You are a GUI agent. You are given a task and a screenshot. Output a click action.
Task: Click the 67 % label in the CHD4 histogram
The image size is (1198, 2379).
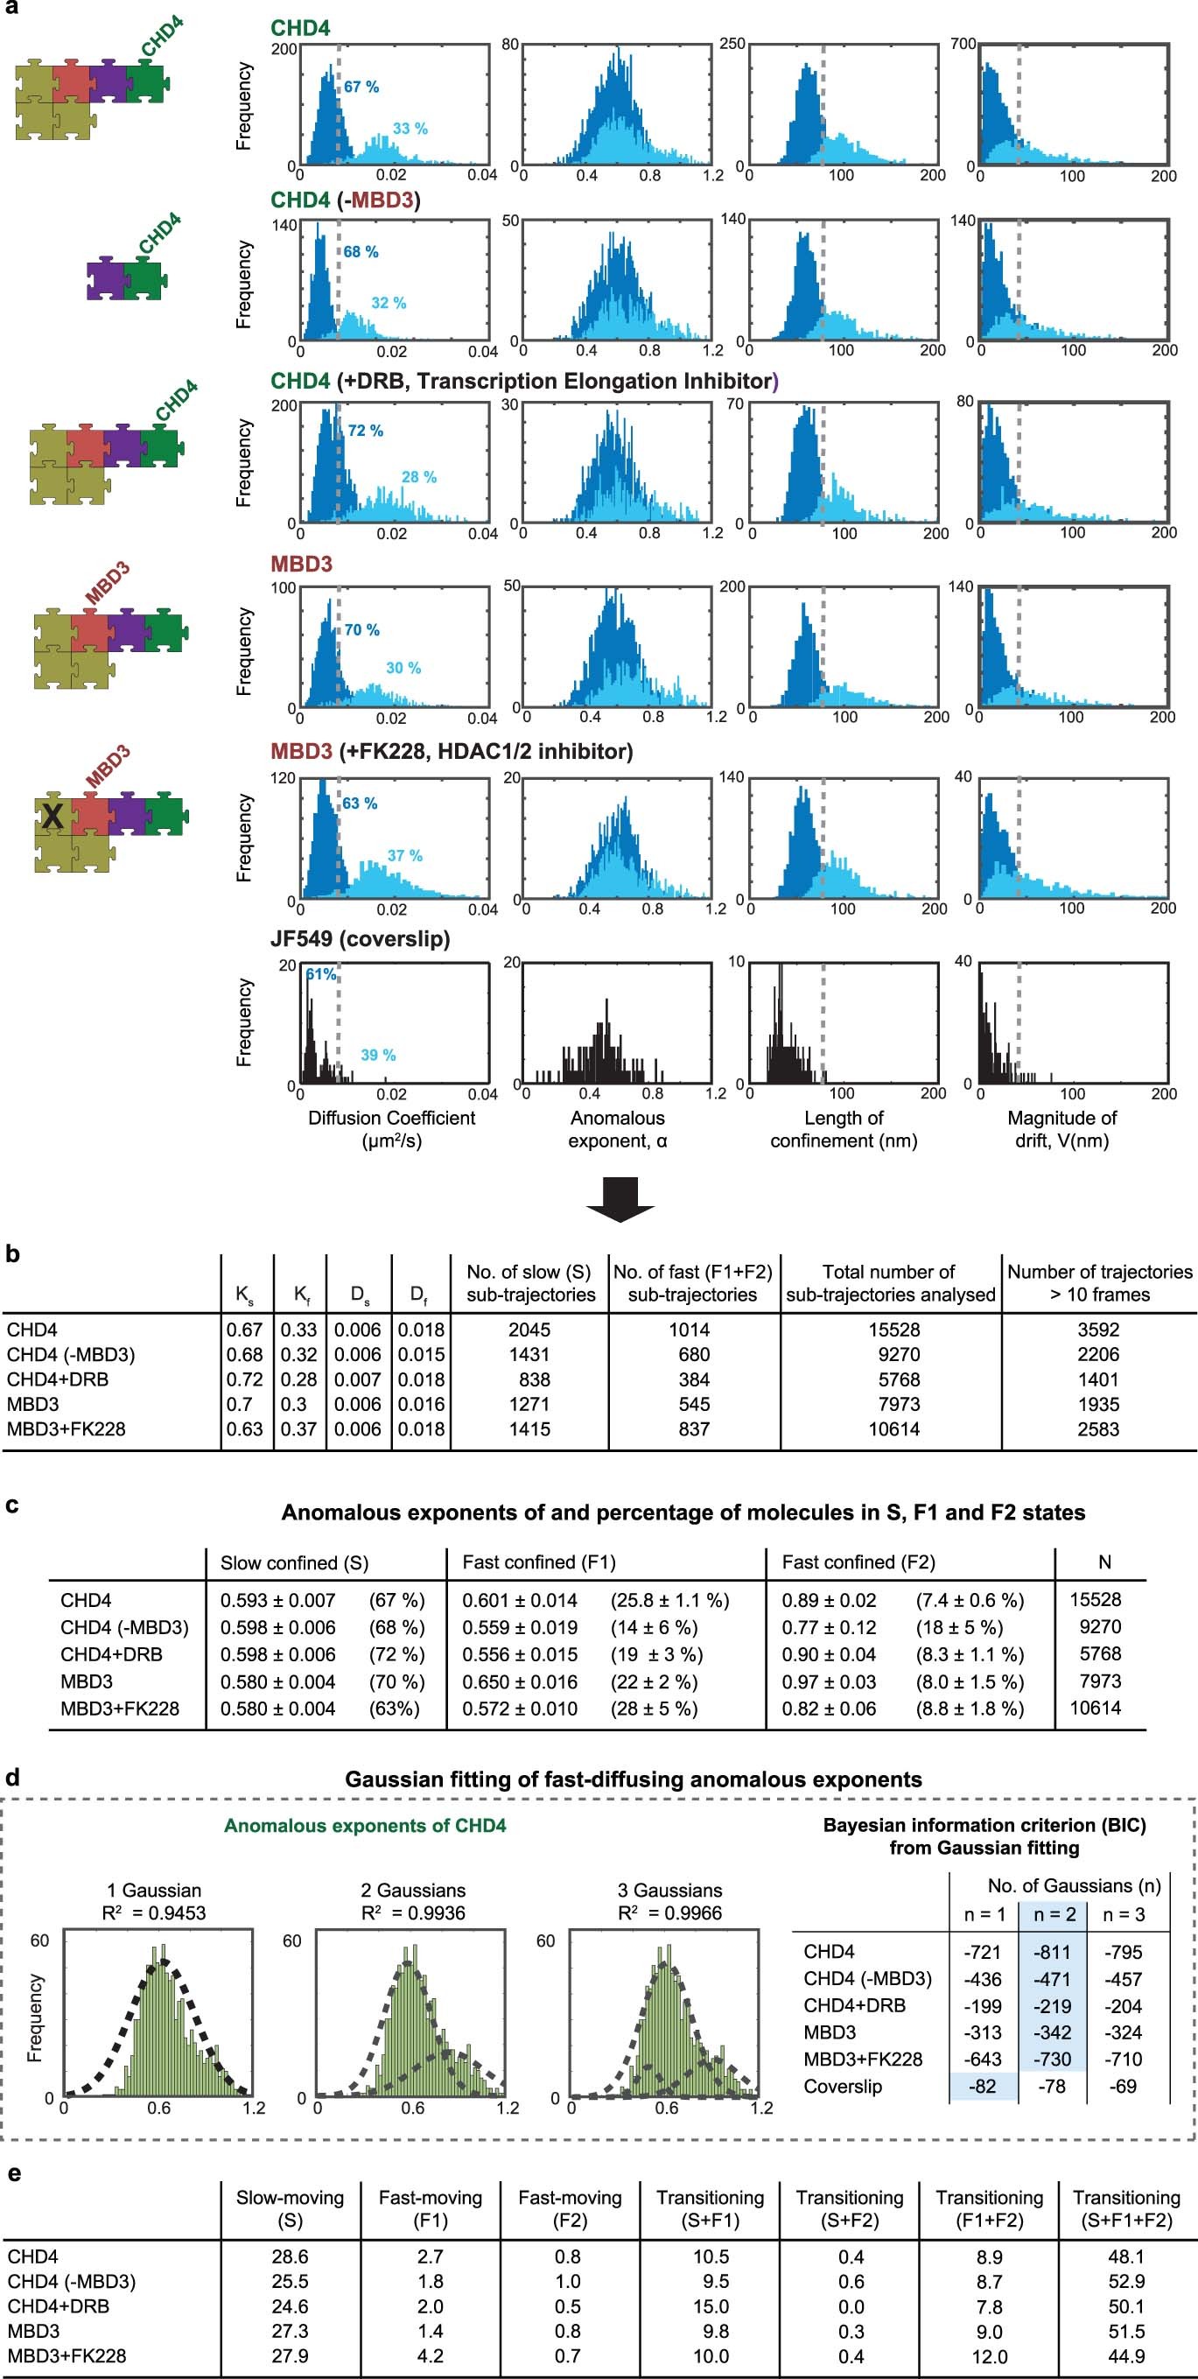click(361, 87)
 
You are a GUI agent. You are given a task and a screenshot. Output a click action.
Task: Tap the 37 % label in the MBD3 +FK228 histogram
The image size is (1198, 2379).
click(404, 855)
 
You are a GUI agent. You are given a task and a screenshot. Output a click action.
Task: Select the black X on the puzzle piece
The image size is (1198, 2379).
click(53, 816)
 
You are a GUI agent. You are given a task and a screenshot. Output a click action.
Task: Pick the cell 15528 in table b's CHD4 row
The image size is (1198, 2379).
click(891, 1330)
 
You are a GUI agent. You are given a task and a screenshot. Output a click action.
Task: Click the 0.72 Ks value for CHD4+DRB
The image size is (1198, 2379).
click(245, 1379)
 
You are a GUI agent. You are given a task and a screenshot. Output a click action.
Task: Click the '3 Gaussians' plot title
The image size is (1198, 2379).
click(669, 1891)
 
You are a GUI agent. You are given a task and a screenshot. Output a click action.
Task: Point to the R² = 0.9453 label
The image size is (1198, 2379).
click(153, 1912)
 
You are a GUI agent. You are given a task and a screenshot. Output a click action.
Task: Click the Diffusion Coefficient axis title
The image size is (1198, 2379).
click(392, 1119)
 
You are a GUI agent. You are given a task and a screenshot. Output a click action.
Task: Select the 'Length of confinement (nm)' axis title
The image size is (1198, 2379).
click(844, 1128)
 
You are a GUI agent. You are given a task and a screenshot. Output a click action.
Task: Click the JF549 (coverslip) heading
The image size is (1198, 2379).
click(360, 939)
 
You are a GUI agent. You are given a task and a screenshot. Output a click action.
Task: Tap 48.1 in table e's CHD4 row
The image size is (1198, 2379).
click(1126, 2256)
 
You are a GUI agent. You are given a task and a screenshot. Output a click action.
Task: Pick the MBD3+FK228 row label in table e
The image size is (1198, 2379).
click(66, 2356)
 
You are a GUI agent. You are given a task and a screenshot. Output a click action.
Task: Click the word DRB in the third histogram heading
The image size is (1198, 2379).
click(389, 382)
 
